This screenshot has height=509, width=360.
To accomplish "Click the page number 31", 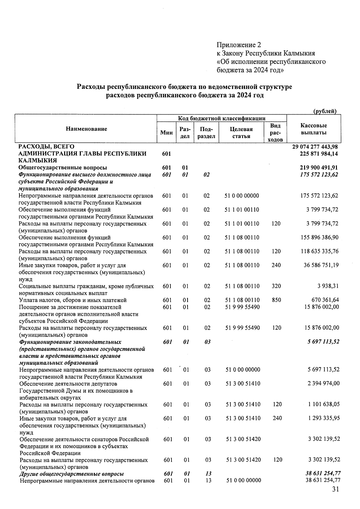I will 335,490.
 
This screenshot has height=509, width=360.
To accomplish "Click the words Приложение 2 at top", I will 239,45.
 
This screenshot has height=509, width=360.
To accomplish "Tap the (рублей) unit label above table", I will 325,111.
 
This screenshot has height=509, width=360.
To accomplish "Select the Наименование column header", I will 86,129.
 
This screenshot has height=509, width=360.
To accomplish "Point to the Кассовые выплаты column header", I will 313,129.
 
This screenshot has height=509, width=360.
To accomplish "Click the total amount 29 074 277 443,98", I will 315,147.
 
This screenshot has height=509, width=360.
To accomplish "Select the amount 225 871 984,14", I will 317,154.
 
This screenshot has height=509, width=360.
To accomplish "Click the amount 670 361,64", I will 325,300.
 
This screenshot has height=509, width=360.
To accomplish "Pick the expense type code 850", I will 276,300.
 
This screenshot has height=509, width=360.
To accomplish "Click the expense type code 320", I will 276,286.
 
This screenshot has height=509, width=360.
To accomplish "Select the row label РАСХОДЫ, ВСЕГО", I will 46,147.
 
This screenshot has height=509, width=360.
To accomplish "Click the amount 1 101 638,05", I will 324,404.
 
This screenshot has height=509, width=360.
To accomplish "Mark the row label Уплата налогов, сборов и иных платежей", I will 73,300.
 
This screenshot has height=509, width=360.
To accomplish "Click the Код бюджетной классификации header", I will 222,118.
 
